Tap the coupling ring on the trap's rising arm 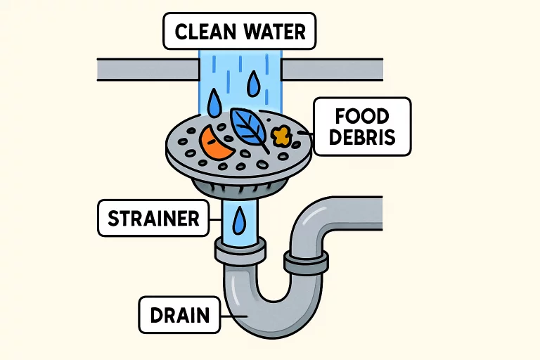(307, 263)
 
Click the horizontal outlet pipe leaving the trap (359, 210)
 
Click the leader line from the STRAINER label (215, 218)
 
